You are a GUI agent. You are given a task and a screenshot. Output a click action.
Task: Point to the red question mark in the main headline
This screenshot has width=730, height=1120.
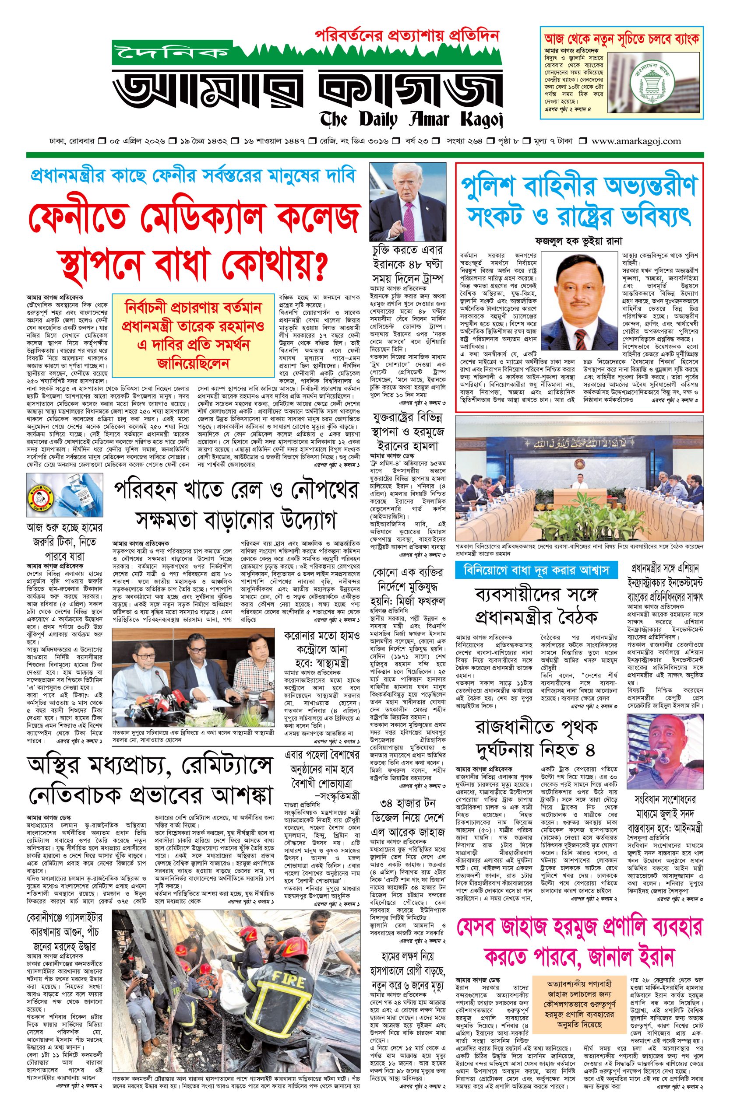[x=319, y=267]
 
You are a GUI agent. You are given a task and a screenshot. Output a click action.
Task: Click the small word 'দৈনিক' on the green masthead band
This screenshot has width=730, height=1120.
[x=169, y=52]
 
